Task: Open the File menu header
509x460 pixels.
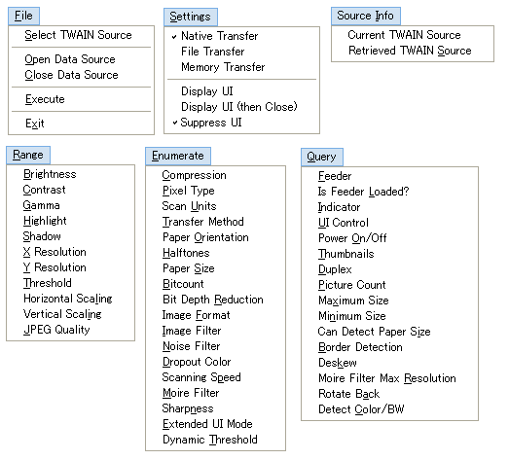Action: [x=23, y=16]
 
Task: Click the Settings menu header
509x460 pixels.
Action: [x=190, y=17]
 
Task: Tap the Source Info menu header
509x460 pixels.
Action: [x=366, y=16]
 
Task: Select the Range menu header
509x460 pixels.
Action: [x=28, y=155]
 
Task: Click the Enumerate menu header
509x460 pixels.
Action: [x=178, y=156]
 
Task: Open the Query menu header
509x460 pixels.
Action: [x=322, y=157]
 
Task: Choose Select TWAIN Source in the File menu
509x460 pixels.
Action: [x=78, y=35]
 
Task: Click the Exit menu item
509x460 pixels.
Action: [x=35, y=124]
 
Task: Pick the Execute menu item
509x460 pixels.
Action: [x=45, y=99]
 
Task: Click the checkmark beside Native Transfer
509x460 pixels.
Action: [x=174, y=37]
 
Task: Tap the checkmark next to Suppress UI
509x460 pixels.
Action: [x=175, y=123]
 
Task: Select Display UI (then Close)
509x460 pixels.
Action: [x=239, y=107]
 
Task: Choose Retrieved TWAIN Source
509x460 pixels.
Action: [x=410, y=51]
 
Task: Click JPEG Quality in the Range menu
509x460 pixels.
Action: [x=56, y=330]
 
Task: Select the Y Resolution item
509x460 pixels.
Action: [x=55, y=267]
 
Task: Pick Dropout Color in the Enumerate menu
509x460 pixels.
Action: [x=197, y=362]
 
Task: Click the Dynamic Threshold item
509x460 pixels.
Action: [x=210, y=440]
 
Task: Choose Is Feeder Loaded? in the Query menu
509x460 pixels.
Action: [x=364, y=192]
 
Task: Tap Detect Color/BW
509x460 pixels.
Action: [x=361, y=409]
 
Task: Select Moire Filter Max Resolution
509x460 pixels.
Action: [x=387, y=378]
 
